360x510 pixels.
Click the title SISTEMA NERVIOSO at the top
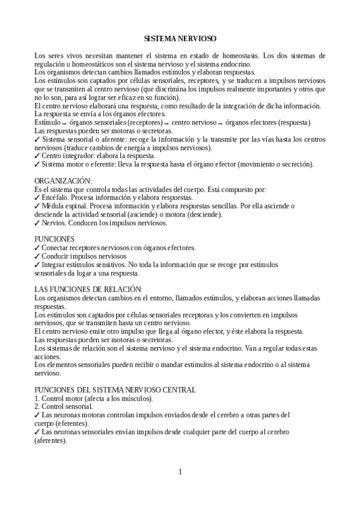point(180,38)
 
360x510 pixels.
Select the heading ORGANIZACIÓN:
point(63,180)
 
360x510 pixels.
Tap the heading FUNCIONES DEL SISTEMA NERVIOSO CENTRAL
point(115,390)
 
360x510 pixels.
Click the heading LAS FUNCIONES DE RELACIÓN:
point(88,290)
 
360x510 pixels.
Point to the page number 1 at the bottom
point(180,471)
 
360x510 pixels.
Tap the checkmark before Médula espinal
point(37,206)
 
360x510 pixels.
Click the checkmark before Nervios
point(37,223)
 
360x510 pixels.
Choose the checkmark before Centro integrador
point(37,156)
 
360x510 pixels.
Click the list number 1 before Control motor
point(37,398)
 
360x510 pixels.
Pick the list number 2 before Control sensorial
point(37,407)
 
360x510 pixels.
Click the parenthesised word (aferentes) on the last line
point(50,440)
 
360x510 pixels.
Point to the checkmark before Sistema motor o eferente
point(37,164)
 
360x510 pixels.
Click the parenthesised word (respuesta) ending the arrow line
point(290,123)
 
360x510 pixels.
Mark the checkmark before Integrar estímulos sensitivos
point(37,264)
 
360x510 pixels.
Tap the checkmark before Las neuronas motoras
point(37,415)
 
